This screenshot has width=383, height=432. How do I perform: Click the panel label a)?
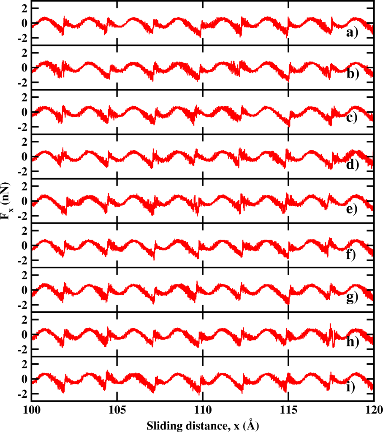pyautogui.click(x=352, y=33)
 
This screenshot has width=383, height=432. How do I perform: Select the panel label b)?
pyautogui.click(x=353, y=74)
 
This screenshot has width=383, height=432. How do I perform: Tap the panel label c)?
pyautogui.click(x=352, y=119)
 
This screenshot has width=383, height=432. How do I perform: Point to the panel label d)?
pyautogui.click(x=353, y=165)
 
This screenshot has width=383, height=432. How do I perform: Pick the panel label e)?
pyautogui.click(x=352, y=209)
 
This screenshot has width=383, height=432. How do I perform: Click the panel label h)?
pyautogui.click(x=353, y=342)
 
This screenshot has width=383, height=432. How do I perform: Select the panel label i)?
pyautogui.click(x=350, y=387)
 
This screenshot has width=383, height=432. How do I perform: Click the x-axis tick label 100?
pyautogui.click(x=32, y=410)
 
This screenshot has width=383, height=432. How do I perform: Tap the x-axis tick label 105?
pyautogui.click(x=117, y=410)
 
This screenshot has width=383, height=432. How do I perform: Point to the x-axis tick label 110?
pyautogui.click(x=203, y=410)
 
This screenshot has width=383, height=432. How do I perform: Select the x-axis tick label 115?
pyautogui.click(x=288, y=410)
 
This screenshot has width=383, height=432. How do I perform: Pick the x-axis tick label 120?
pyautogui.click(x=374, y=410)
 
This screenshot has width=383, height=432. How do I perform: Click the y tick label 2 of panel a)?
pyautogui.click(x=25, y=8)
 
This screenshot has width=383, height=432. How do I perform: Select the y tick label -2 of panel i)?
pyautogui.click(x=23, y=394)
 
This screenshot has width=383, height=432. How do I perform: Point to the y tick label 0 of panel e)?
pyautogui.click(x=25, y=201)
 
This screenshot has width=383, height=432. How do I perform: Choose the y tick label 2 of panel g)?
pyautogui.click(x=25, y=275)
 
